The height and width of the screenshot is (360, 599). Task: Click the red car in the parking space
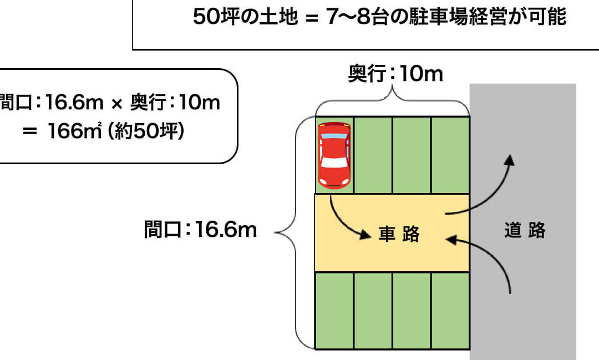coord(334,155)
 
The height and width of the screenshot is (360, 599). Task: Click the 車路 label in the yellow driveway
coord(399,234)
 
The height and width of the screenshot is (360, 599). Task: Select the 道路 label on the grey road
coord(525,230)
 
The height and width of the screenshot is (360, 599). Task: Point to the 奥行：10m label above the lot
coord(395,73)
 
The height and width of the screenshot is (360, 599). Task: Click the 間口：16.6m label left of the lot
coord(201,229)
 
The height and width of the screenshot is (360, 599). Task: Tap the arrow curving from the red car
coord(346,222)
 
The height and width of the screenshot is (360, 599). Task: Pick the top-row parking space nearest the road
coord(450,155)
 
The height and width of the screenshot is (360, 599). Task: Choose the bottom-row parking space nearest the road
coord(450,310)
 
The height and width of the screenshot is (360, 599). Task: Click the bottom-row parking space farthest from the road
coord(334,310)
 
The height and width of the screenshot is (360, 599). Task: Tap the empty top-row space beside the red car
coord(373,155)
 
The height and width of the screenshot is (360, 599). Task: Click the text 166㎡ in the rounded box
coord(74,131)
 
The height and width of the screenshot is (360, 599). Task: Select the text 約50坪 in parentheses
coord(146,131)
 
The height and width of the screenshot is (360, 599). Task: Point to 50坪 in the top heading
coord(216,17)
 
